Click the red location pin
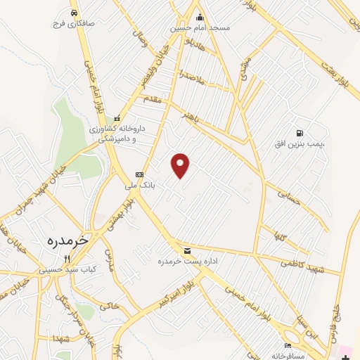click(181, 165)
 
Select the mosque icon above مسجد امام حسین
click(200, 18)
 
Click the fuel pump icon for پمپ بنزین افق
click(300, 133)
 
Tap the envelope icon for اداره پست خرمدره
click(186, 250)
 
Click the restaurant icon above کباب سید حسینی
click(67, 259)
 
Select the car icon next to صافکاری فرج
click(74, 13)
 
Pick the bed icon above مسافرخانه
click(287, 346)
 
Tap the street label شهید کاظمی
click(302, 262)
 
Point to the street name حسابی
click(289, 196)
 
